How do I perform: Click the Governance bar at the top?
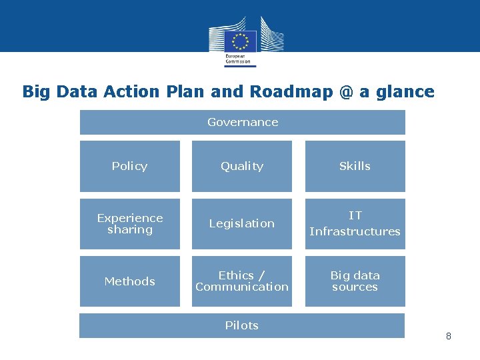(x=243, y=122)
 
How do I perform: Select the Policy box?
(x=130, y=166)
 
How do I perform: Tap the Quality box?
(x=242, y=166)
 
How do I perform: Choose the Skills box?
(x=355, y=166)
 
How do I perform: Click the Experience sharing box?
(x=130, y=224)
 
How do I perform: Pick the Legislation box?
(x=242, y=224)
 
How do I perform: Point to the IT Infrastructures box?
(x=355, y=224)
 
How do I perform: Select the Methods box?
(x=130, y=281)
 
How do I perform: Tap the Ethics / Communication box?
(x=242, y=281)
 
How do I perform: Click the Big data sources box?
(x=355, y=281)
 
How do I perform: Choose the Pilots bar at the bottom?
(x=242, y=325)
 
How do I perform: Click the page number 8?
(x=448, y=336)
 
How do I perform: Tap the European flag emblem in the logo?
(x=240, y=41)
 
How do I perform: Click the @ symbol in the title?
(x=345, y=92)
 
